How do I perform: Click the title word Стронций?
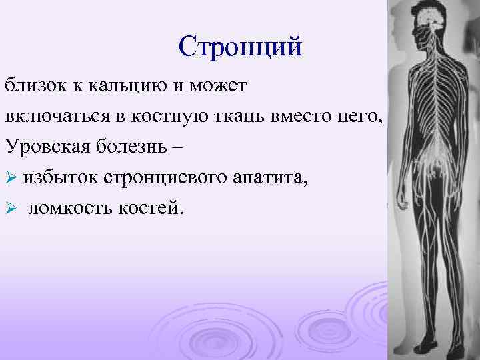click(240, 47)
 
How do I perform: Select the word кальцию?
click(120, 87)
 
